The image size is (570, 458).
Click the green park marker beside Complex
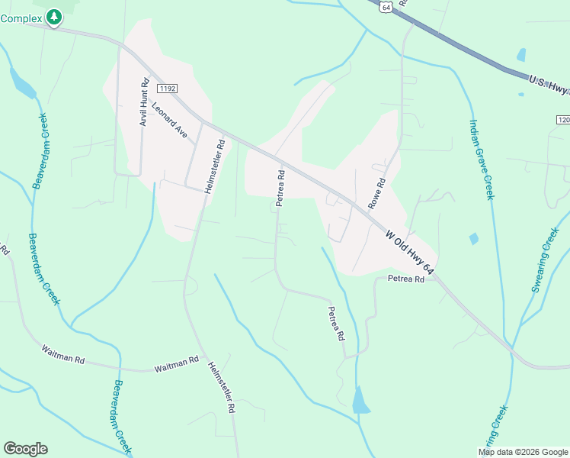coord(53,17)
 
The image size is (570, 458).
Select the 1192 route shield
coord(169,89)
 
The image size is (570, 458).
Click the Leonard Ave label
coord(169,120)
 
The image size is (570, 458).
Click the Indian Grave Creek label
coord(482,160)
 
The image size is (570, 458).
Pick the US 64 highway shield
coord(386,7)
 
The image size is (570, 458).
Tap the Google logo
coord(25,449)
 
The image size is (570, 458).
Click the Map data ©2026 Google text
coord(523,452)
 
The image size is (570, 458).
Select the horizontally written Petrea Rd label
coord(405,279)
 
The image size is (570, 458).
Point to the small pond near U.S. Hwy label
coord(521,55)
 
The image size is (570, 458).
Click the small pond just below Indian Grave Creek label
coord(474,239)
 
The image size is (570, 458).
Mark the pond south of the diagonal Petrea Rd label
coord(360,400)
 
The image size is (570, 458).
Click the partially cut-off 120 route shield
coord(563,120)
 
